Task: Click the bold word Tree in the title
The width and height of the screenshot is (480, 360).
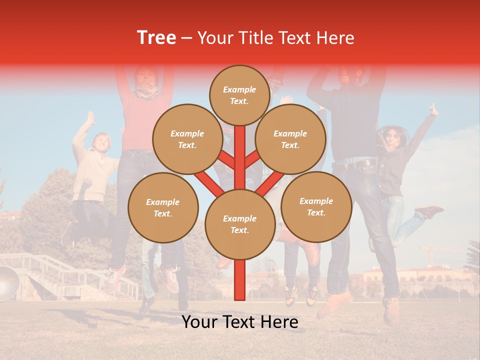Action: click(156, 37)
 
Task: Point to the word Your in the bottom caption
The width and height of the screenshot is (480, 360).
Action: click(199, 322)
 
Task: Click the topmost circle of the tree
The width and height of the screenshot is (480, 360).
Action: click(239, 95)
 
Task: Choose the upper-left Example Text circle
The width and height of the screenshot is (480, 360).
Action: click(187, 139)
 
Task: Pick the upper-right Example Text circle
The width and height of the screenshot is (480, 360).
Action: click(290, 139)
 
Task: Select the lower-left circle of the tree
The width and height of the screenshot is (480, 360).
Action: click(163, 207)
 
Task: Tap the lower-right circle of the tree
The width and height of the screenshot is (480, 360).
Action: click(316, 206)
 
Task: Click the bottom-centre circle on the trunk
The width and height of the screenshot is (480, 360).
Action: click(240, 224)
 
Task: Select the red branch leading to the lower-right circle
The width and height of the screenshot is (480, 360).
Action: click(270, 183)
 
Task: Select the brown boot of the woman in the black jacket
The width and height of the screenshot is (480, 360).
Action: click(429, 211)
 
